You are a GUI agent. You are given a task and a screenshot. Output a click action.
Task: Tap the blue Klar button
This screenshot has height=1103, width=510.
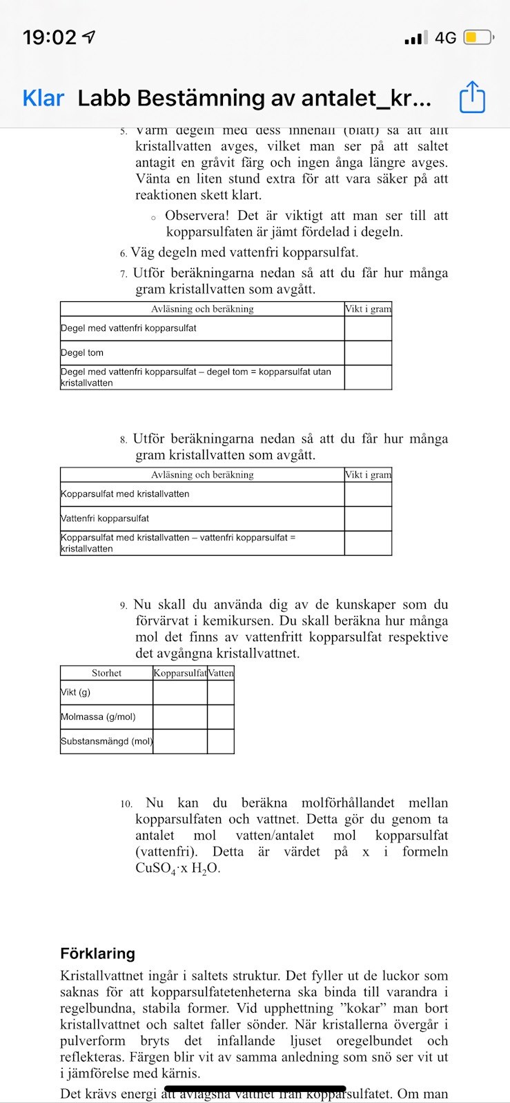tap(43, 99)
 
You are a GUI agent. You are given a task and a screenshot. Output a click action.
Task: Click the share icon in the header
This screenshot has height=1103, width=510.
tap(472, 97)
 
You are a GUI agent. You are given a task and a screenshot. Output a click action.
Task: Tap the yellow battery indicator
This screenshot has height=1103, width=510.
tap(477, 37)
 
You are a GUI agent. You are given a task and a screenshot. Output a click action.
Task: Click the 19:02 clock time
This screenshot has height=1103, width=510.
tap(50, 37)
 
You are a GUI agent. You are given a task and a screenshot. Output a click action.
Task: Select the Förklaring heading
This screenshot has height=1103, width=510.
tap(97, 953)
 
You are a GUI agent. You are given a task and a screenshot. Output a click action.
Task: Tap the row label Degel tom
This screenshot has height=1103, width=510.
tap(82, 352)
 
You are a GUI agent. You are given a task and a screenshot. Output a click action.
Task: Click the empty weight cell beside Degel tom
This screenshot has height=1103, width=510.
tap(368, 352)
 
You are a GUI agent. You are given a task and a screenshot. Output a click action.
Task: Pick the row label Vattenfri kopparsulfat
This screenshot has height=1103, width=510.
tap(105, 518)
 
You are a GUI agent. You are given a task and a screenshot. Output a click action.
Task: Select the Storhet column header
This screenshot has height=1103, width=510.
tap(106, 673)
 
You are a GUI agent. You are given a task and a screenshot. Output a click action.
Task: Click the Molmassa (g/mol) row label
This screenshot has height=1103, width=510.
tap(98, 717)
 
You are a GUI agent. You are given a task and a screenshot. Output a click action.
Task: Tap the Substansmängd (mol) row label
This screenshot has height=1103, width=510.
tap(106, 742)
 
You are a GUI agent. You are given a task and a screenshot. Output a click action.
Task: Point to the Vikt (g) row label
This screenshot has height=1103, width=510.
tap(76, 692)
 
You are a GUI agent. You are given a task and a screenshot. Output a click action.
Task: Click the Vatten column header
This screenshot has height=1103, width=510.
tap(221, 673)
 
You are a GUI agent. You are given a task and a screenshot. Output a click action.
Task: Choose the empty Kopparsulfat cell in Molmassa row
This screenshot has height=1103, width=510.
tap(179, 717)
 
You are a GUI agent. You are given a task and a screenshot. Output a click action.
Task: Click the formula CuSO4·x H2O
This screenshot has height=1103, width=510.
tap(177, 869)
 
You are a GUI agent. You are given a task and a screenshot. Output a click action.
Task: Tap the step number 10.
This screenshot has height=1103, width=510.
tap(126, 804)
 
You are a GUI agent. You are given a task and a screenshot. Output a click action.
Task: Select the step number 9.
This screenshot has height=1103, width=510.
tap(123, 605)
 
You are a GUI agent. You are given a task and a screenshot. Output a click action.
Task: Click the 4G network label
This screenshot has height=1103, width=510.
tap(445, 37)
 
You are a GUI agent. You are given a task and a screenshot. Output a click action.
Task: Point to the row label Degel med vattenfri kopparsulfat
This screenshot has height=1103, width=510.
tap(128, 328)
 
